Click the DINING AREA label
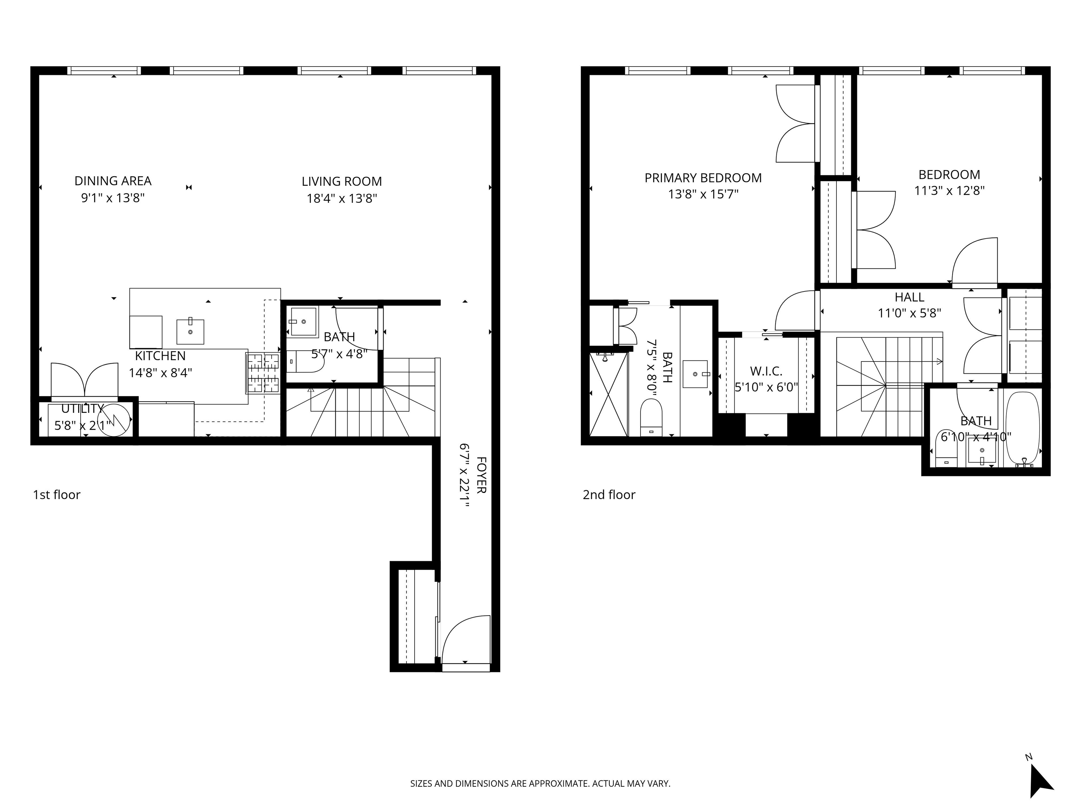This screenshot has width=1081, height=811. [x=113, y=181]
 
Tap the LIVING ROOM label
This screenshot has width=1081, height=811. [x=342, y=181]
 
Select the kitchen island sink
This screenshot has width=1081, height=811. [x=190, y=332]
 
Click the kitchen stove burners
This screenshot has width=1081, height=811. [x=263, y=373]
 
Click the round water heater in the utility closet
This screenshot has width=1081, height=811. [x=115, y=419]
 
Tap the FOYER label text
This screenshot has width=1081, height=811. [x=481, y=475]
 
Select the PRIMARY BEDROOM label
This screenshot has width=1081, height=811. [x=703, y=178]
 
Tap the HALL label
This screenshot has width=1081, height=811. [x=910, y=297]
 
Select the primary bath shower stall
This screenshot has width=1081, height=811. [x=608, y=394]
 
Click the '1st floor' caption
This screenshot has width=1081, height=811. [x=57, y=495]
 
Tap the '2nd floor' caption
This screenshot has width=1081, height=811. [x=609, y=495]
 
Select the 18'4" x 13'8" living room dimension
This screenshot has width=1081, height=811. [x=342, y=199]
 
